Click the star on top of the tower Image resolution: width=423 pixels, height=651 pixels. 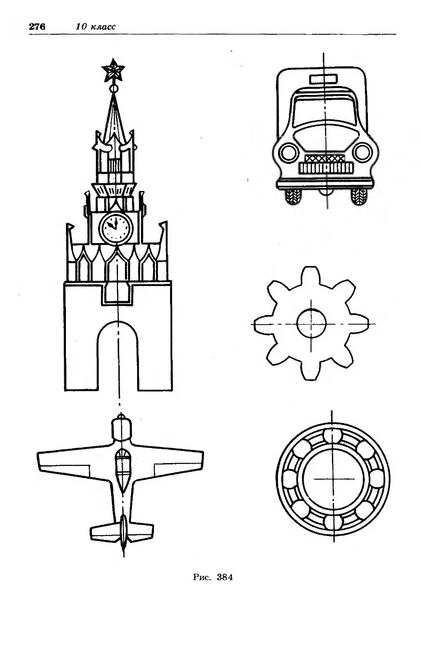pyautogui.click(x=113, y=70)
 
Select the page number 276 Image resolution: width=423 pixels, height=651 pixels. pyautogui.click(x=37, y=26)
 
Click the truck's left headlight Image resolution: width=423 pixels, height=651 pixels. pyautogui.click(x=288, y=152)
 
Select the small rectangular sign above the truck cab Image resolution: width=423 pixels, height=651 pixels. pyautogui.click(x=323, y=79)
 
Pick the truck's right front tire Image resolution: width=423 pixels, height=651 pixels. pyautogui.click(x=358, y=197)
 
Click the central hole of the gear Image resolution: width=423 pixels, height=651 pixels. pyautogui.click(x=311, y=323)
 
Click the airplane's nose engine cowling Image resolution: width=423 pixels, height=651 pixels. pyautogui.click(x=121, y=429)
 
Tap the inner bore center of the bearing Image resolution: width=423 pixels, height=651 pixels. pyautogui.click(x=333, y=478)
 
